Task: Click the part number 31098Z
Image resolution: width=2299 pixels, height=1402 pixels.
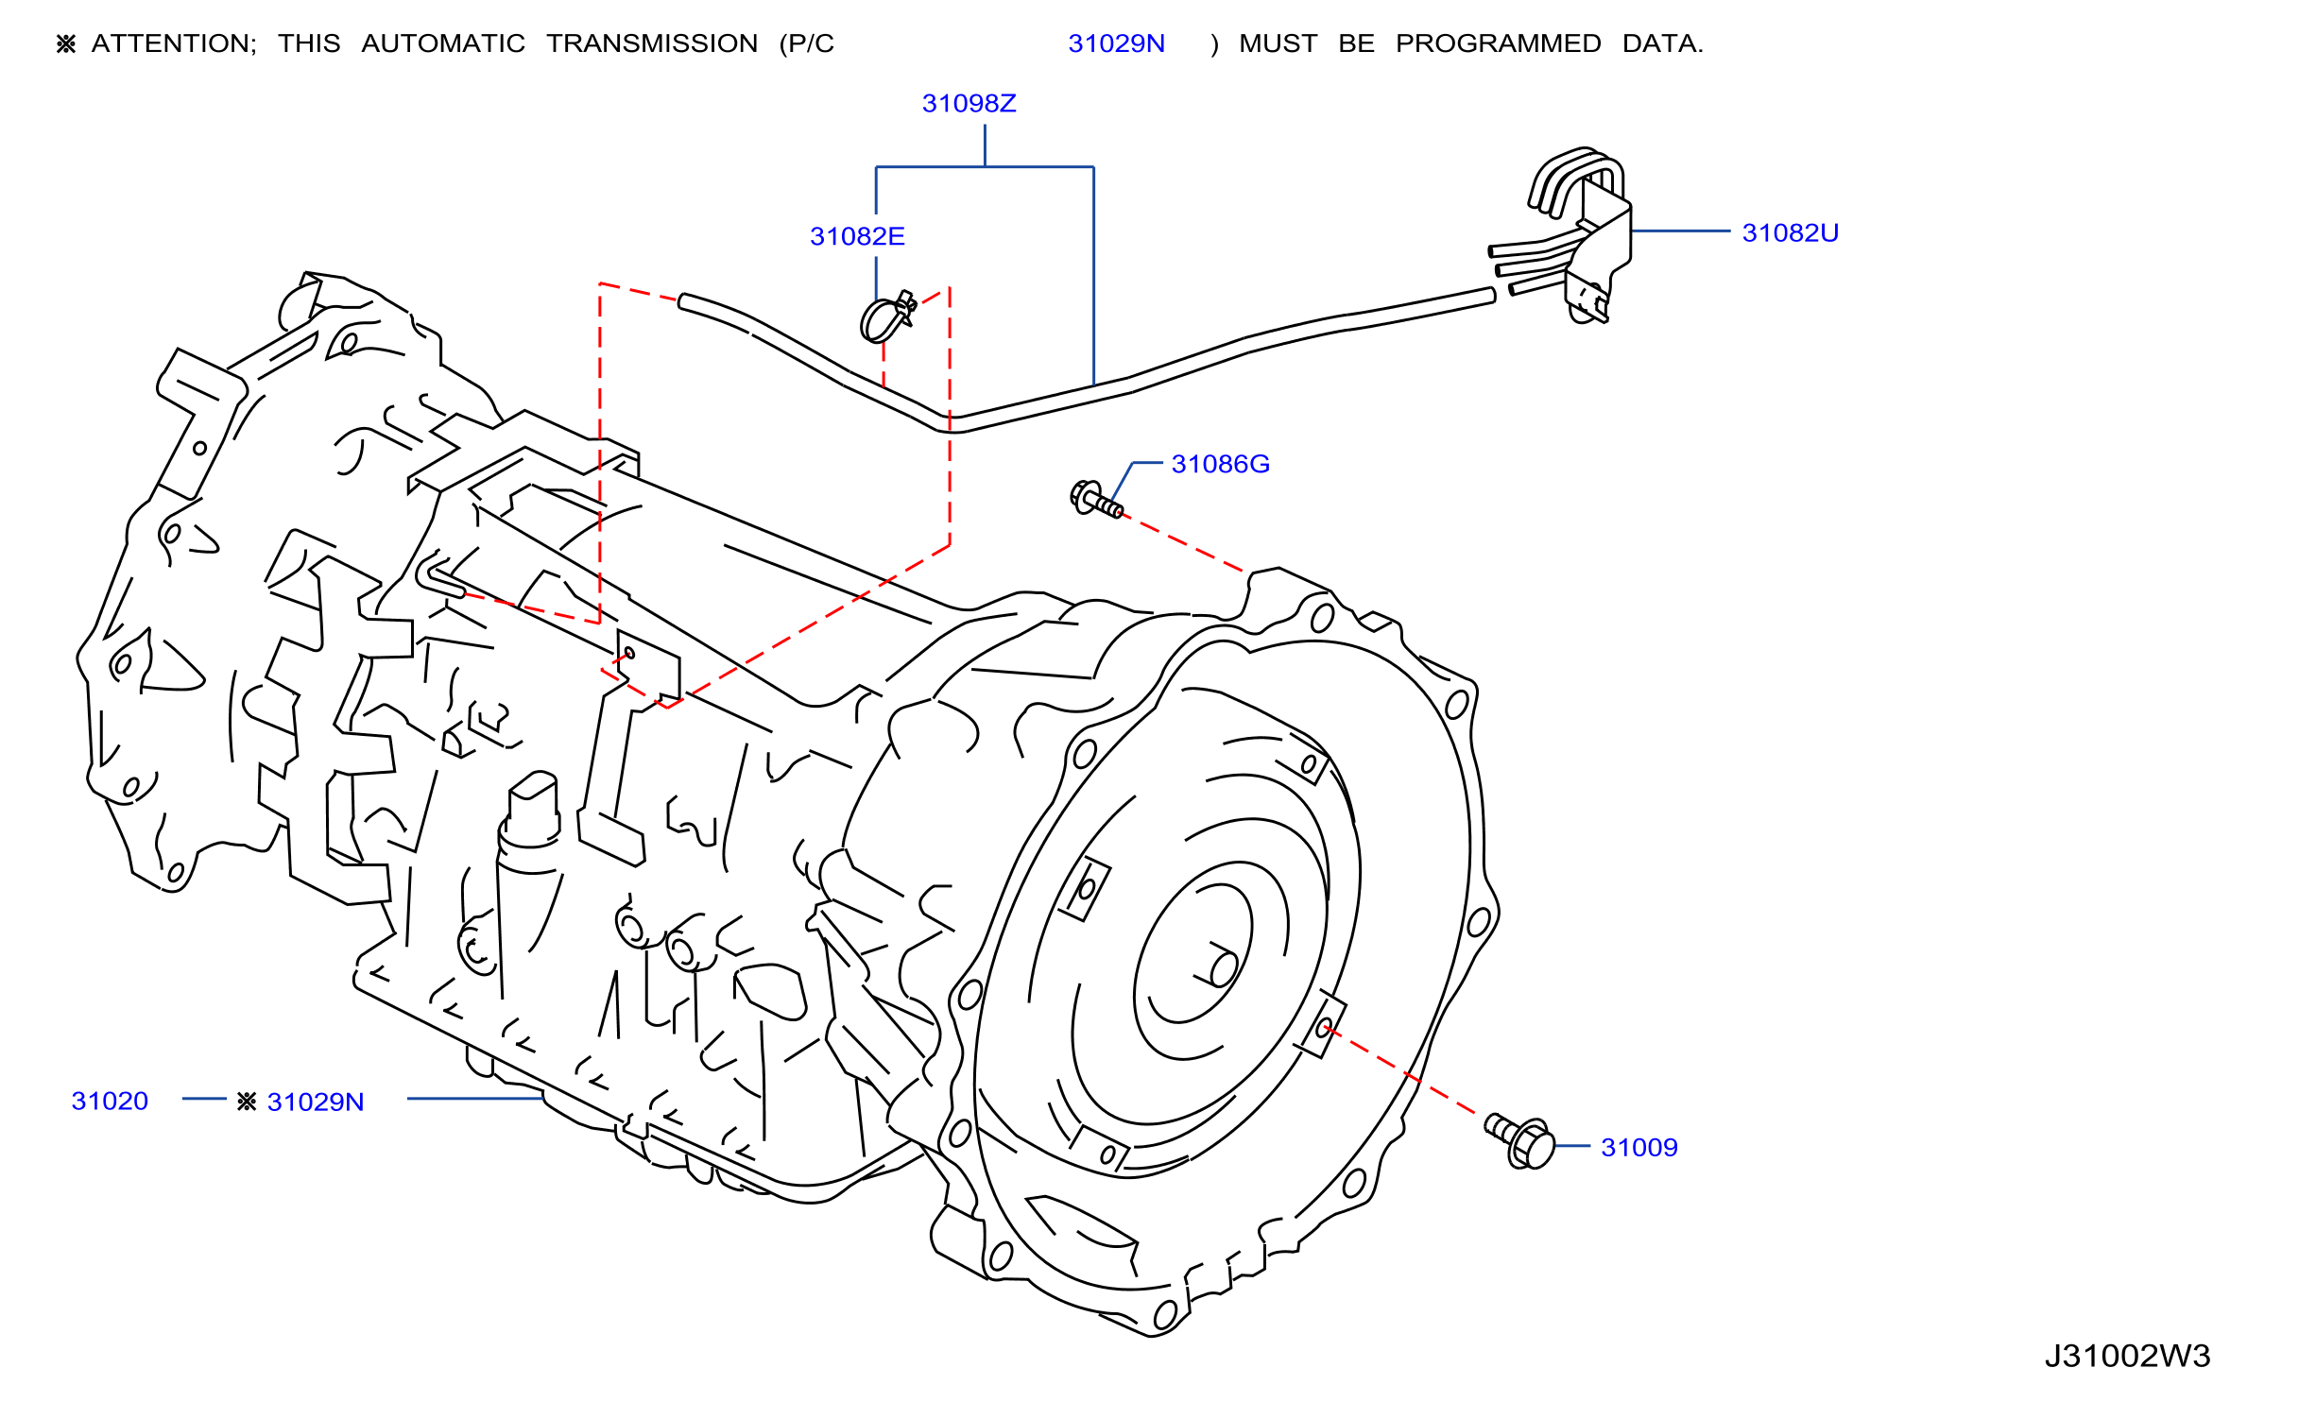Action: point(969,103)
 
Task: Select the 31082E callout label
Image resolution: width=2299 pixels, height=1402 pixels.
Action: point(857,236)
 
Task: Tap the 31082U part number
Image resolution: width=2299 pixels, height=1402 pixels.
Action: point(1791,232)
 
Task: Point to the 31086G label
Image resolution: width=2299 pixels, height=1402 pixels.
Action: point(1220,464)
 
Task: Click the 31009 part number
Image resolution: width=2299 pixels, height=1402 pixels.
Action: point(1639,1147)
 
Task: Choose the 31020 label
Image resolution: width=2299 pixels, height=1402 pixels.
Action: point(110,1101)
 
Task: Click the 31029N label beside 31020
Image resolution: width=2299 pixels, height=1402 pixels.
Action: point(316,1102)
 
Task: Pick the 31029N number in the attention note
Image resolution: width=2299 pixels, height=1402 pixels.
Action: point(1116,43)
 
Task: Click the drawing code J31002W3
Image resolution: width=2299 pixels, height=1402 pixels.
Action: point(2127,1356)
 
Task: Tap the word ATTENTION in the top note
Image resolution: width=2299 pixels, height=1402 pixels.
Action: point(174,43)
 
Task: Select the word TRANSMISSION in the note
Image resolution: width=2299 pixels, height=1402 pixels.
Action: point(652,43)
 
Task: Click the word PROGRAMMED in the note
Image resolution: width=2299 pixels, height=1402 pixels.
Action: point(1499,43)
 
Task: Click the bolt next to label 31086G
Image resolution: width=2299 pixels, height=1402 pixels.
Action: point(1095,499)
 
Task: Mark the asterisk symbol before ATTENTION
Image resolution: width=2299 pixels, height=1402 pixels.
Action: point(65,43)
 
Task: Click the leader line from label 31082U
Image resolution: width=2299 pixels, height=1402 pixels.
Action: point(1680,231)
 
